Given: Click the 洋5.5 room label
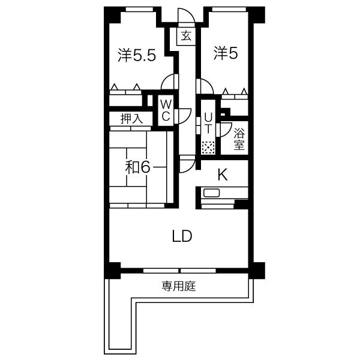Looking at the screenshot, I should [x=137, y=55].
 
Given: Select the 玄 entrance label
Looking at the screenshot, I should [x=186, y=36].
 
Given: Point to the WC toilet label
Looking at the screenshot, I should [x=165, y=109].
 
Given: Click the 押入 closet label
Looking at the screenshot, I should [x=131, y=119].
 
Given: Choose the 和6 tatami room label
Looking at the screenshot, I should [x=137, y=167].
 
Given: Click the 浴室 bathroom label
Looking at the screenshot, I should [x=239, y=139].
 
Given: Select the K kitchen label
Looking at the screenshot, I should [x=223, y=175].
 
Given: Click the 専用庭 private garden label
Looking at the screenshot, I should [x=179, y=286].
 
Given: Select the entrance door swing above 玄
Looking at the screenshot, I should [x=186, y=17].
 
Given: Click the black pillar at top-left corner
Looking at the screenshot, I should [x=112, y=13].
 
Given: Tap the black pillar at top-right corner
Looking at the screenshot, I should [x=256, y=13].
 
